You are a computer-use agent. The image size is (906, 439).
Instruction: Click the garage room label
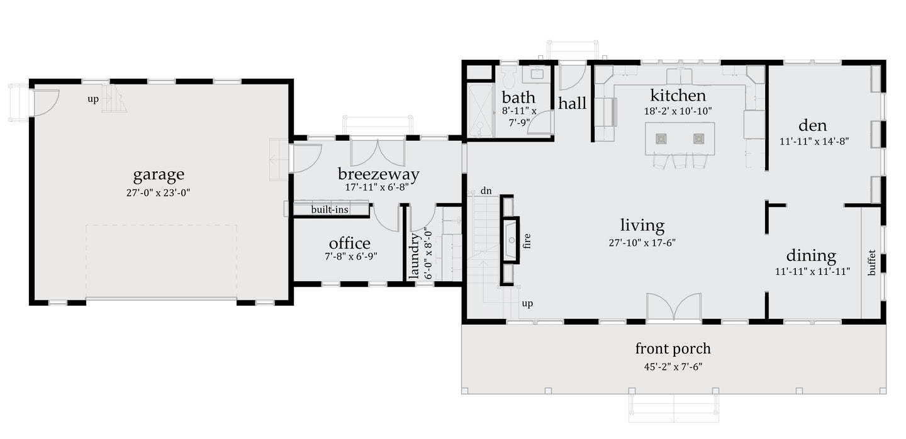pos(159,174)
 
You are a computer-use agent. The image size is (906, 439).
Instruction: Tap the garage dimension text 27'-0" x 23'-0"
pos(159,193)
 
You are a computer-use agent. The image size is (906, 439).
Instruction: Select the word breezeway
pos(378,174)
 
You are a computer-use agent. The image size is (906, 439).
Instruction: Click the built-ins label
pos(330,209)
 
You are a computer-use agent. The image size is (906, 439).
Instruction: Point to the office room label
pos(349,243)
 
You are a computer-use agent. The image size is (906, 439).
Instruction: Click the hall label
pos(572,104)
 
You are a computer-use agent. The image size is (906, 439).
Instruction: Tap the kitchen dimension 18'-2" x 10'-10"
pos(678,111)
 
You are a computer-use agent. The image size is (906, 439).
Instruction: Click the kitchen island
pos(680,139)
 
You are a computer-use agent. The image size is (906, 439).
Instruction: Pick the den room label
pos(812,125)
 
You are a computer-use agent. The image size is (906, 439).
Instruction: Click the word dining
pos(811,256)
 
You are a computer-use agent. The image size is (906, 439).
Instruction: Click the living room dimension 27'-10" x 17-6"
pos(642,242)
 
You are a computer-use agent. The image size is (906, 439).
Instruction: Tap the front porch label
pos(673,348)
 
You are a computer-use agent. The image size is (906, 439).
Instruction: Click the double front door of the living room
pos(674,308)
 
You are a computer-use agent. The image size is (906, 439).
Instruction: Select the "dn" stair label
pos(486,191)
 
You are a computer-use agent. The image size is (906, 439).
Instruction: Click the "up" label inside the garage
pos(93,99)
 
